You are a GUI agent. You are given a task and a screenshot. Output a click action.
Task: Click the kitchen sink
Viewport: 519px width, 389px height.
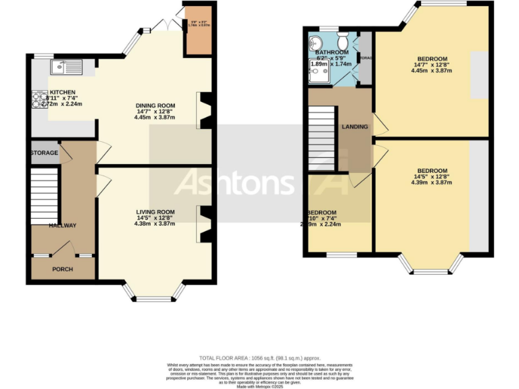pyautogui.click(x=66, y=66)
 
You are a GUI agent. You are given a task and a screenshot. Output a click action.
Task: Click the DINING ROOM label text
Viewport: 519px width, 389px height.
pyautogui.click(x=155, y=106)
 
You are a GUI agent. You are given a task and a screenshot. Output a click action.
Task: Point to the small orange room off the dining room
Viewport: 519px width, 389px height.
pyautogui.click(x=198, y=31)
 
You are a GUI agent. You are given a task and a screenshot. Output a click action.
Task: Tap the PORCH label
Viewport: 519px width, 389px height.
pyautogui.click(x=63, y=269)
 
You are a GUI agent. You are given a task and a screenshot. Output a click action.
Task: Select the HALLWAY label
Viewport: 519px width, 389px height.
pyautogui.click(x=62, y=226)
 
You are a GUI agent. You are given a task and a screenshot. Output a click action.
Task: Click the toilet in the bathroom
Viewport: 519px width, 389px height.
pyautogui.click(x=343, y=36)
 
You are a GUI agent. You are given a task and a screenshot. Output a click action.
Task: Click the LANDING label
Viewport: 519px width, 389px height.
pyautogui.click(x=355, y=127)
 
